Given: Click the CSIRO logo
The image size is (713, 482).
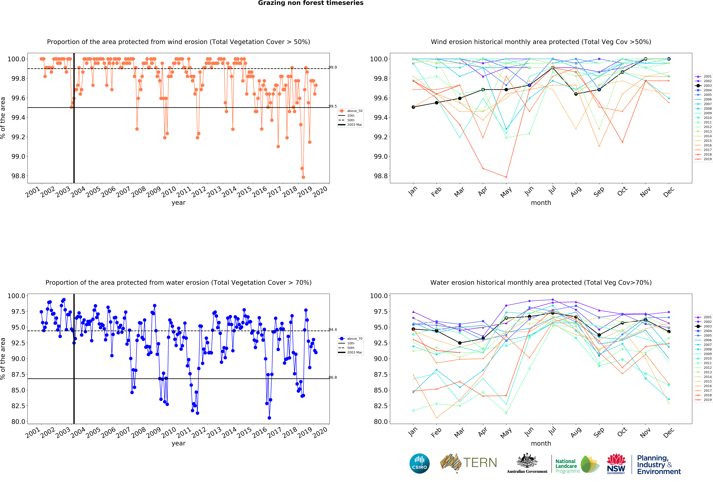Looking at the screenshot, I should point(419,463).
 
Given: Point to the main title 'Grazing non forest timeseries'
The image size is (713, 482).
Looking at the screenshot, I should point(310,3).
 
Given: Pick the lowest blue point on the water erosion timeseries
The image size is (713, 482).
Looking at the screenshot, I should point(269,418).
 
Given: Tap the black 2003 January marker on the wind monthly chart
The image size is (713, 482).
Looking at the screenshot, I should point(413,107).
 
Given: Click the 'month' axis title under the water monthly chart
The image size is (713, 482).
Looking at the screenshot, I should point(541,443).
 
